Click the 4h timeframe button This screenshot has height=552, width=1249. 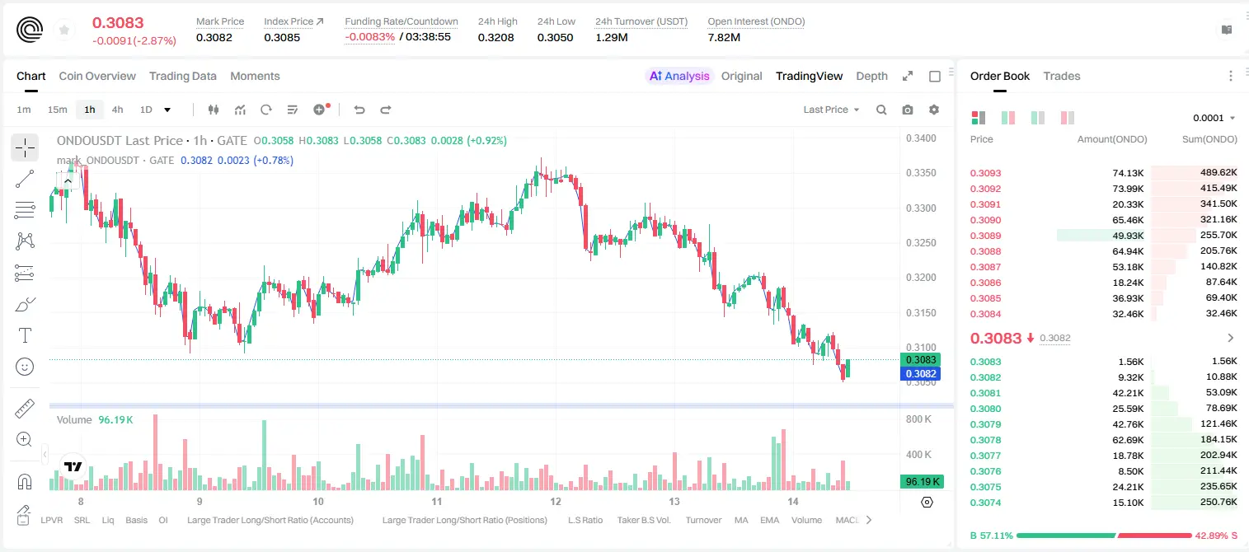tap(117, 110)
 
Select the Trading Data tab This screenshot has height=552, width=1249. tap(182, 76)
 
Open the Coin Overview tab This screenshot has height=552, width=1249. tap(97, 76)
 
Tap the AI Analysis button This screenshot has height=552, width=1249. tap(679, 76)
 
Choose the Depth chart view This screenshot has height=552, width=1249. tap(871, 76)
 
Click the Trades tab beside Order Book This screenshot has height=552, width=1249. tap(1062, 76)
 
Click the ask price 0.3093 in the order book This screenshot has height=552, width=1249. tap(985, 173)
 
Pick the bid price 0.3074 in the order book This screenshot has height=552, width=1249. tap(985, 503)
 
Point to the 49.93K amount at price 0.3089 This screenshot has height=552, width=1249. tap(1128, 236)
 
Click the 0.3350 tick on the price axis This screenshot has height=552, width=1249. tap(921, 173)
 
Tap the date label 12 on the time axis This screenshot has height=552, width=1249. tap(556, 501)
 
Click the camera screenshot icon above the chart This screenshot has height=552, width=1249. tap(908, 110)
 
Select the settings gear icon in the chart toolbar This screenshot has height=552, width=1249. tap(934, 110)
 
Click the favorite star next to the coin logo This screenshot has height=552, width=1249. tap(64, 30)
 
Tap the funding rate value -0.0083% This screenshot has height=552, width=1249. tap(369, 37)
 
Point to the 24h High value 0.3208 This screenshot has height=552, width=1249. tap(495, 37)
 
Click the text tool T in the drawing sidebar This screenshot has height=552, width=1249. tap(25, 335)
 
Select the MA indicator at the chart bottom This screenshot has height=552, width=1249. tap(741, 520)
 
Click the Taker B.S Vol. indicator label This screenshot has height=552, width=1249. tap(643, 520)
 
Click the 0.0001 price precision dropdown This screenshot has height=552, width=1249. tap(1214, 118)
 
